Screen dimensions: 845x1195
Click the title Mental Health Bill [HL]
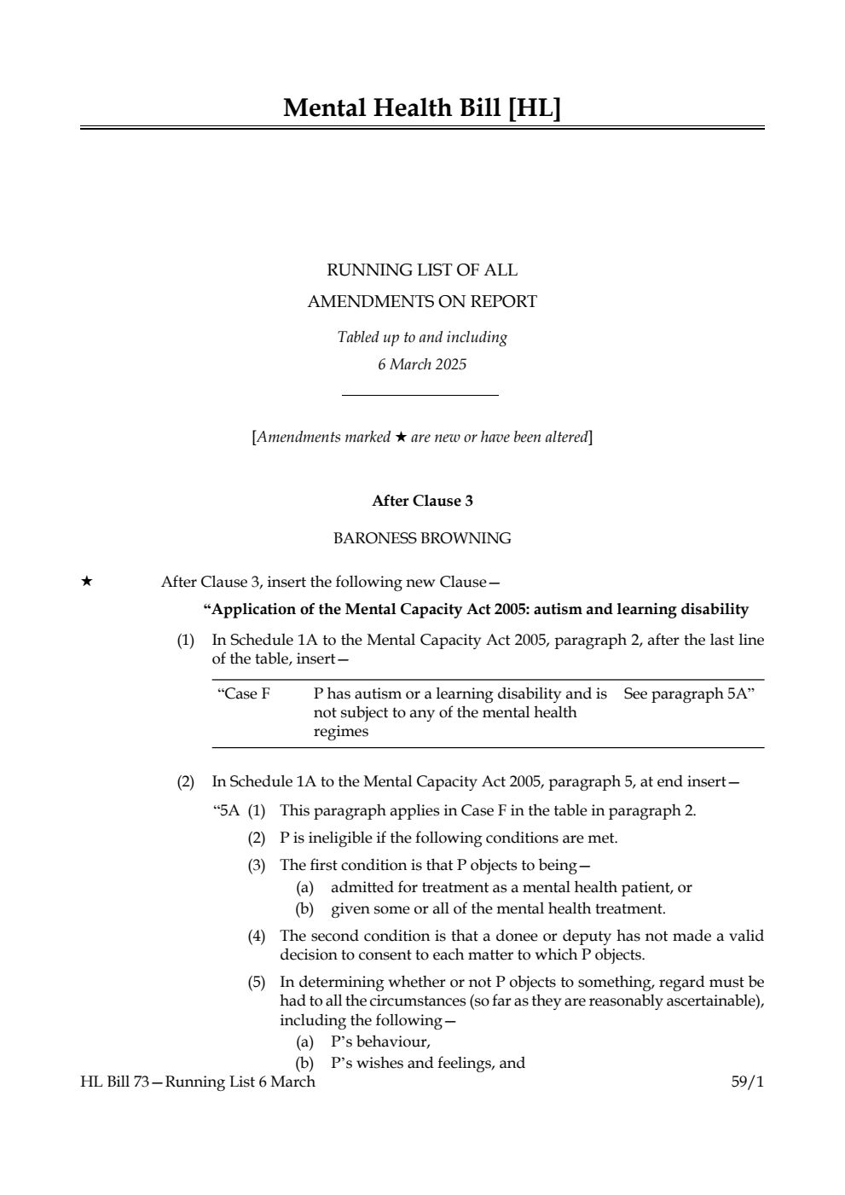pyautogui.click(x=422, y=108)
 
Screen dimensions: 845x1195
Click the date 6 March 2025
pyautogui.click(x=422, y=364)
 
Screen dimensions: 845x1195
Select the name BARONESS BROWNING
pyautogui.click(x=422, y=538)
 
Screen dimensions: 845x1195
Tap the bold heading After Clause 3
pyautogui.click(x=422, y=501)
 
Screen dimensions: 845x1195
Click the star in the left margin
pyautogui.click(x=86, y=582)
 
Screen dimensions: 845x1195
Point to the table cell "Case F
pyautogui.click(x=245, y=693)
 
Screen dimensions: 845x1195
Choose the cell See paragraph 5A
pyautogui.click(x=689, y=693)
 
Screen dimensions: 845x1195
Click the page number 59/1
pyautogui.click(x=748, y=1082)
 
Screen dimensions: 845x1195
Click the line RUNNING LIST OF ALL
pyautogui.click(x=422, y=270)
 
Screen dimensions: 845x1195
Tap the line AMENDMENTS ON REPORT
pyautogui.click(x=422, y=301)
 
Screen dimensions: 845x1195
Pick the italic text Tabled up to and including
pyautogui.click(x=422, y=337)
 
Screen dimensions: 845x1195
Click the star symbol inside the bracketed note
pyautogui.click(x=401, y=438)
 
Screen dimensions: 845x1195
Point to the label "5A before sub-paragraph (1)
pyautogui.click(x=226, y=810)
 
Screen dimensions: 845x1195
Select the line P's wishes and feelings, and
pyautogui.click(x=427, y=1063)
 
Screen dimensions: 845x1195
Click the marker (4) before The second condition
pyautogui.click(x=257, y=936)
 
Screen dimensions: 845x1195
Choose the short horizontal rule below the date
pyautogui.click(x=420, y=395)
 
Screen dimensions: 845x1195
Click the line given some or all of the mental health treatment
pyautogui.click(x=498, y=908)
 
